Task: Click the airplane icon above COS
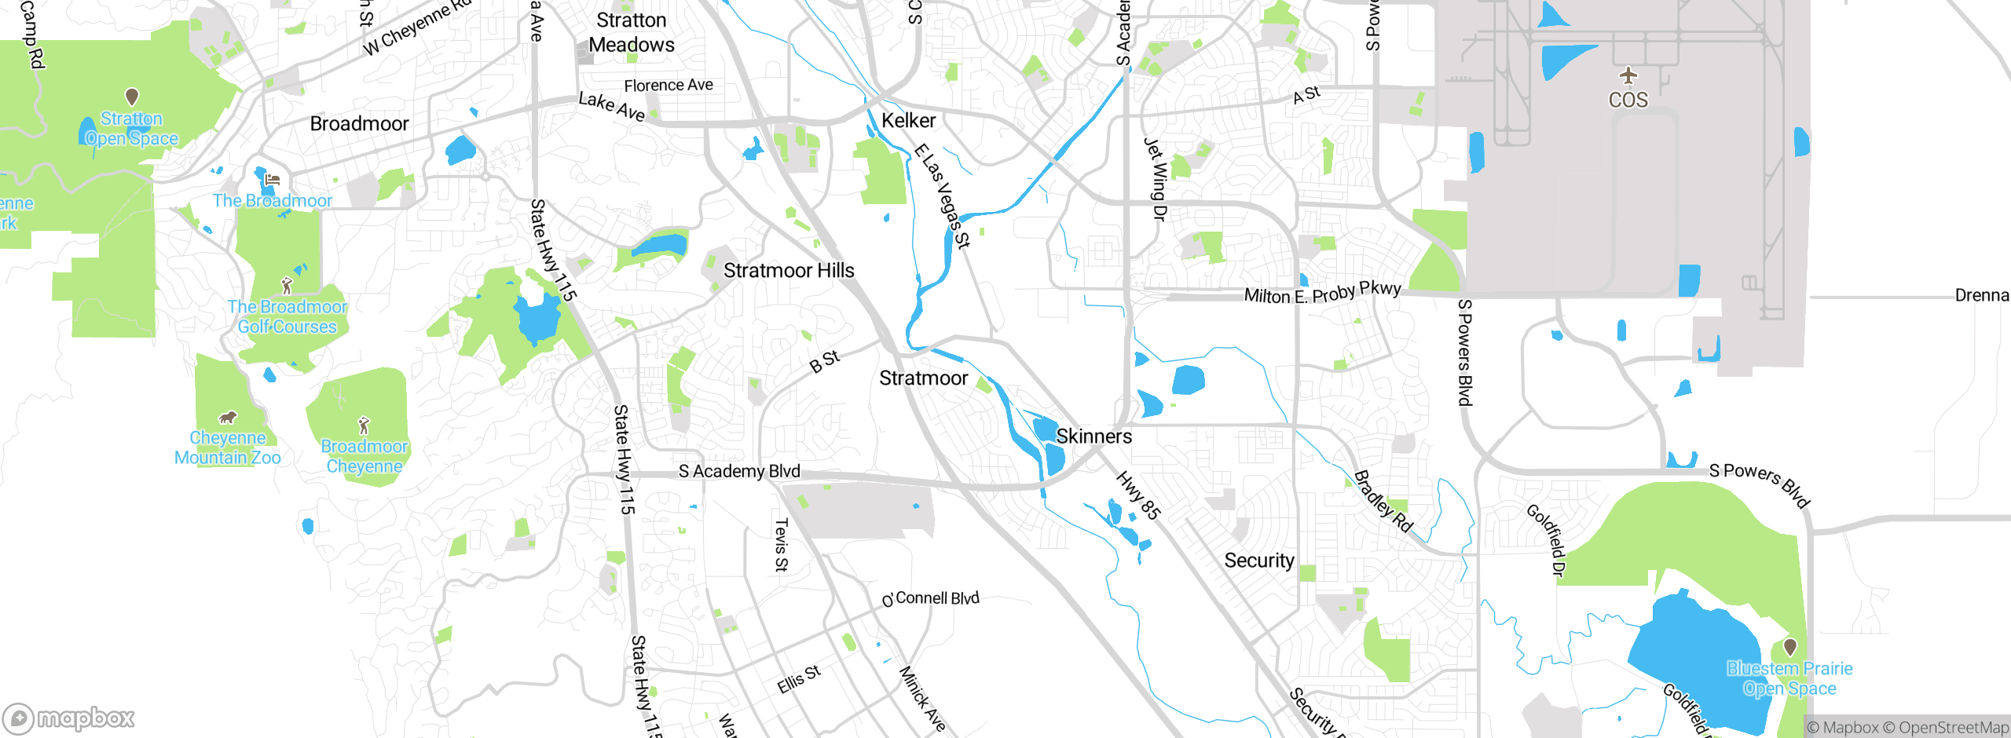pos(1628,75)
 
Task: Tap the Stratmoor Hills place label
pos(788,271)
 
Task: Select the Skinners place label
pos(1093,437)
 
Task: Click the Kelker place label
pos(908,121)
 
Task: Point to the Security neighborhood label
pos(1258,561)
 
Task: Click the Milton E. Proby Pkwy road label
pos(1322,293)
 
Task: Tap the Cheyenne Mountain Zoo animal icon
pos(228,417)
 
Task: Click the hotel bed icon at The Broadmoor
pos(272,180)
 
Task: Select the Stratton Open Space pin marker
pos(132,97)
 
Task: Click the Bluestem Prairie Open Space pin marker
pos(1789,647)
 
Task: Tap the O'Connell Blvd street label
pos(931,598)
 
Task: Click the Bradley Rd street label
pos(1383,501)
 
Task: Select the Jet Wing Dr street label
pos(1155,179)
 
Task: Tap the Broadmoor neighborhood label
pos(359,124)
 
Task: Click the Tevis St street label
pos(781,544)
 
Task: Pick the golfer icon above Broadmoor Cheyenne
pos(363,426)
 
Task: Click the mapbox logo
pos(69,718)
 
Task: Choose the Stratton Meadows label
pos(632,32)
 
